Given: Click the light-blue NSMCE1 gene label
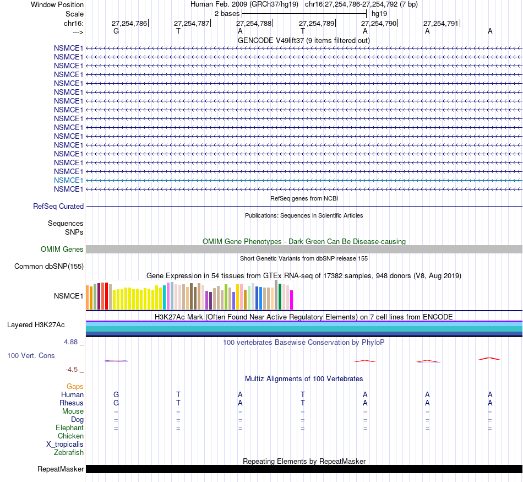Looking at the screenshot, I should pyautogui.click(x=68, y=180).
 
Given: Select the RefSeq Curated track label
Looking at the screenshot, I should pyautogui.click(x=58, y=207).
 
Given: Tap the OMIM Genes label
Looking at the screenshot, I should pyautogui.click(x=62, y=250).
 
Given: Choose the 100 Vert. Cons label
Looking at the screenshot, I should pyautogui.click(x=31, y=356).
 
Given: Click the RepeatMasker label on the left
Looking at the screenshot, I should pyautogui.click(x=61, y=469).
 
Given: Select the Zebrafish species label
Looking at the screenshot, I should pyautogui.click(x=69, y=453).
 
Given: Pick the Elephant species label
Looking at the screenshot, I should pyautogui.click(x=69, y=428).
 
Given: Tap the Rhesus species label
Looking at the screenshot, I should pyautogui.click(x=72, y=403).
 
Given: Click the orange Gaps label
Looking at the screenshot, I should pyautogui.click(x=75, y=387).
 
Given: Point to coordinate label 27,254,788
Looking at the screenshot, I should pyautogui.click(x=254, y=24).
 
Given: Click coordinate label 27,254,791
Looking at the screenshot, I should pyautogui.click(x=440, y=24).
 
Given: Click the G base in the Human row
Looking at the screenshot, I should pyautogui.click(x=116, y=395).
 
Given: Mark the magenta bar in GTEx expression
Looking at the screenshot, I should pyautogui.click(x=292, y=300).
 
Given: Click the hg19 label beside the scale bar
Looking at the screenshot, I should pyautogui.click(x=379, y=13).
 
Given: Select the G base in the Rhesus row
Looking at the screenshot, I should pyautogui.click(x=116, y=403).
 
